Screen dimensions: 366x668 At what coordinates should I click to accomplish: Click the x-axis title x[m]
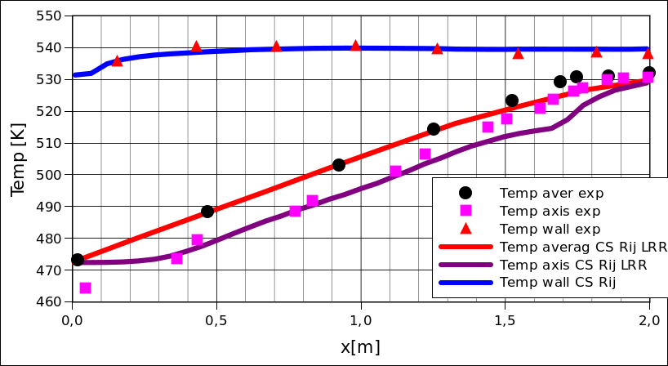(360, 346)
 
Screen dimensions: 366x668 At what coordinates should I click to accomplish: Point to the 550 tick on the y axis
(48, 16)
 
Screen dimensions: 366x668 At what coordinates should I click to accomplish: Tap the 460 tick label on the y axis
(48, 302)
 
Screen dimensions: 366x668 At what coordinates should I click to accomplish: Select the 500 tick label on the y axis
(48, 175)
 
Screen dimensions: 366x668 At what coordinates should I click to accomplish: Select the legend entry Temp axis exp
(549, 211)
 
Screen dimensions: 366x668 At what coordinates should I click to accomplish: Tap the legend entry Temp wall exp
(549, 229)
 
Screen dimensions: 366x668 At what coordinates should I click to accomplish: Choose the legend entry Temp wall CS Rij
(557, 283)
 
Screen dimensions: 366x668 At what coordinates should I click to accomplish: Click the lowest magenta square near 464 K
(85, 288)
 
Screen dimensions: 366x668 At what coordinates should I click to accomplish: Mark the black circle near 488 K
(207, 212)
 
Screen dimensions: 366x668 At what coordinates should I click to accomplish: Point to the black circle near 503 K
(339, 165)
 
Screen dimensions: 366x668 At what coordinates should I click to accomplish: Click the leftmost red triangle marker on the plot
(117, 60)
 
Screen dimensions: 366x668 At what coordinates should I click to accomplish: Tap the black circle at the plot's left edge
(78, 260)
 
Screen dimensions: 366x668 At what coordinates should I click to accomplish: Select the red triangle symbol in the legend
(465, 229)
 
